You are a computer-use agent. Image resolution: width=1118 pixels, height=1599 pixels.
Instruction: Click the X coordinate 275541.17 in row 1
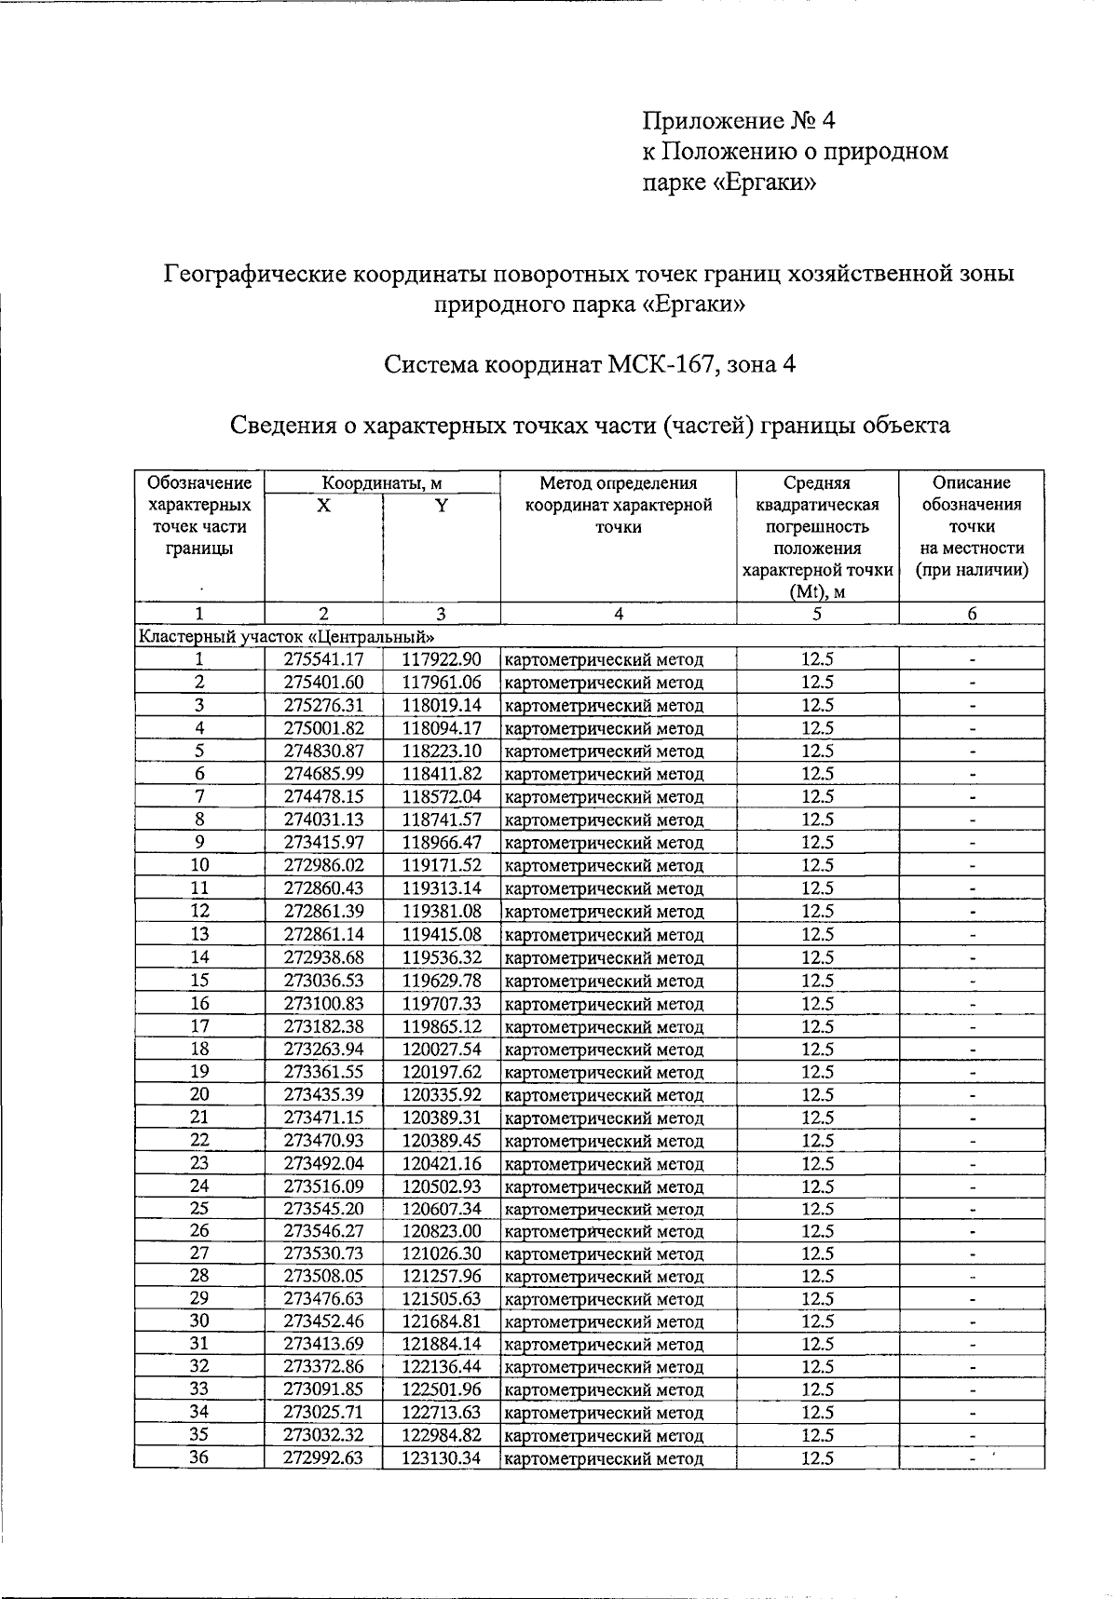pos(323,659)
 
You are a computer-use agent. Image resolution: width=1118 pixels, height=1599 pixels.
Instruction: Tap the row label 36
pos(198,1458)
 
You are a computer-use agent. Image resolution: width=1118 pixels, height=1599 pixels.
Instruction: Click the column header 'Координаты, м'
pos(382,483)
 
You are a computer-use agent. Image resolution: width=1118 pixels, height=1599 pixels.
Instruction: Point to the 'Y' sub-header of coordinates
pos(442,506)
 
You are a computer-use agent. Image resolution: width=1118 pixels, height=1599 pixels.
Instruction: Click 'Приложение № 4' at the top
pos(740,120)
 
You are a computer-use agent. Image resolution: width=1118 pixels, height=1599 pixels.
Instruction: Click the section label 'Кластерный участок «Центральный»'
pos(287,637)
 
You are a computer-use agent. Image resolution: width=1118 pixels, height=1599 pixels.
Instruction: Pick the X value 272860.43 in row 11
pos(323,888)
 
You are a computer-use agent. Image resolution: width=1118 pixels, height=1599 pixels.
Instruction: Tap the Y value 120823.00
pos(442,1231)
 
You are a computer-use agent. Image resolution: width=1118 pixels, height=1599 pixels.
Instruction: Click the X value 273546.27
pos(323,1231)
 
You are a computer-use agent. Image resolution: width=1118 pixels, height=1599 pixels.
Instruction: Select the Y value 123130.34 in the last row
pos(442,1458)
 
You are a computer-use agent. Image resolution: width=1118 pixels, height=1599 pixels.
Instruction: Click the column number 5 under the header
pos(816,614)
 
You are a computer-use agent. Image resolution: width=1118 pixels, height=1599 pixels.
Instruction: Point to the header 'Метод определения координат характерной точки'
pos(618,505)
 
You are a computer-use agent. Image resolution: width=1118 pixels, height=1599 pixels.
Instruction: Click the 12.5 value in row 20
pos(816,1094)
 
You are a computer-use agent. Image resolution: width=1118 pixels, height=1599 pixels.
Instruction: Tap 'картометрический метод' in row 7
pos(604,797)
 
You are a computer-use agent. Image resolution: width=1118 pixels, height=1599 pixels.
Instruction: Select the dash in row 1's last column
pos(972,659)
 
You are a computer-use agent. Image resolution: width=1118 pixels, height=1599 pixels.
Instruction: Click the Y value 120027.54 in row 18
pos(442,1049)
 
